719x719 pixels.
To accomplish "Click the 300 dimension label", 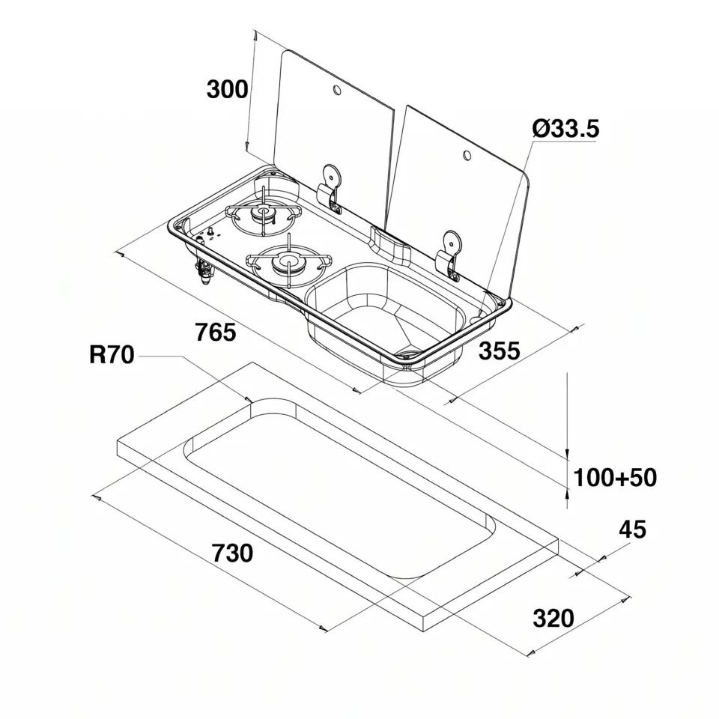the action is point(227,89).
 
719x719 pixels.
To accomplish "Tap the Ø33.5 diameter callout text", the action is point(565,128).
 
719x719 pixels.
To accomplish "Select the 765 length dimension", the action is point(216,332).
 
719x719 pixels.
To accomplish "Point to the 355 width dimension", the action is point(500,351).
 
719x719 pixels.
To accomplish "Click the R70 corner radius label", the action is point(112,354).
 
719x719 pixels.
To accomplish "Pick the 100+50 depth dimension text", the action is point(615,477).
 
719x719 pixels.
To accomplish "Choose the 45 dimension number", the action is point(632,530).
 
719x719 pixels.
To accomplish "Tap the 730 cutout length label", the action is point(232,553).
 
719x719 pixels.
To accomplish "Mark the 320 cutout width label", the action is point(553,618).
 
